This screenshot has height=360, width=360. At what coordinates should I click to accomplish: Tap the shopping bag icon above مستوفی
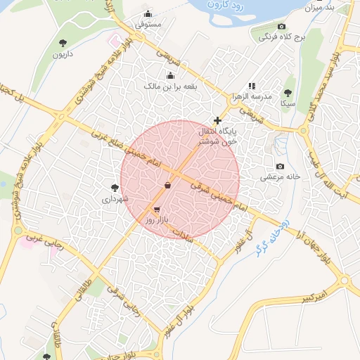pyautogui.click(x=148, y=14)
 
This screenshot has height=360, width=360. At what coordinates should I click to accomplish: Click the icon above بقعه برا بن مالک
pyautogui.click(x=169, y=76)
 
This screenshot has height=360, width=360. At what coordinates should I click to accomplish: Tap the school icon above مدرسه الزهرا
pyautogui.click(x=252, y=86)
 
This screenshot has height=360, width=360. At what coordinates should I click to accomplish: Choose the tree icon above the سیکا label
pyautogui.click(x=287, y=93)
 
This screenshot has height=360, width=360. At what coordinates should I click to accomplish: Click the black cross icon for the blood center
pyautogui.click(x=217, y=120)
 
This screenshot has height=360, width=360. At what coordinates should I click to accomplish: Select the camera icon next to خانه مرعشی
pyautogui.click(x=281, y=167)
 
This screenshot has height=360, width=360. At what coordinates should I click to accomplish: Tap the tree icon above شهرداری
pyautogui.click(x=115, y=188)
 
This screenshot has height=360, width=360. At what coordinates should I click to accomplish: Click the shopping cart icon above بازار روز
pyautogui.click(x=155, y=210)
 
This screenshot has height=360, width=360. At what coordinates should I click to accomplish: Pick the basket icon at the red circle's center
pyautogui.click(x=167, y=185)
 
